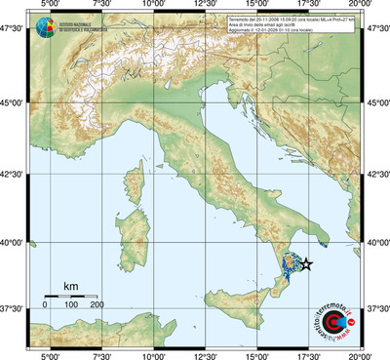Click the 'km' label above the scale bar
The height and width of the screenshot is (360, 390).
pos(70,286)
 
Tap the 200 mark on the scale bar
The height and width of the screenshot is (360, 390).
pos(97,305)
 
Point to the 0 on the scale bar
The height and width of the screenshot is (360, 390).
pos(45,305)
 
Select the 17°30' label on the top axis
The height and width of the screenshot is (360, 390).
pos(309,6)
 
